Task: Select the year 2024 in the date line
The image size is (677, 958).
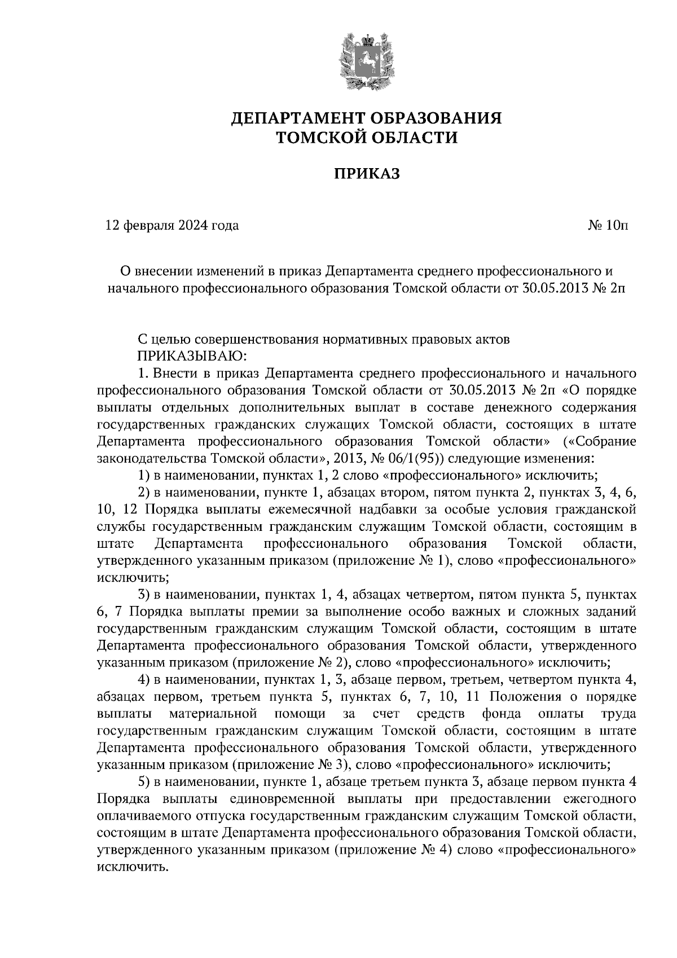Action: (193, 226)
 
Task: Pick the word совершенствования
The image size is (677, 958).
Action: (257, 340)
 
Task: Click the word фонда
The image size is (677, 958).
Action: (501, 714)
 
